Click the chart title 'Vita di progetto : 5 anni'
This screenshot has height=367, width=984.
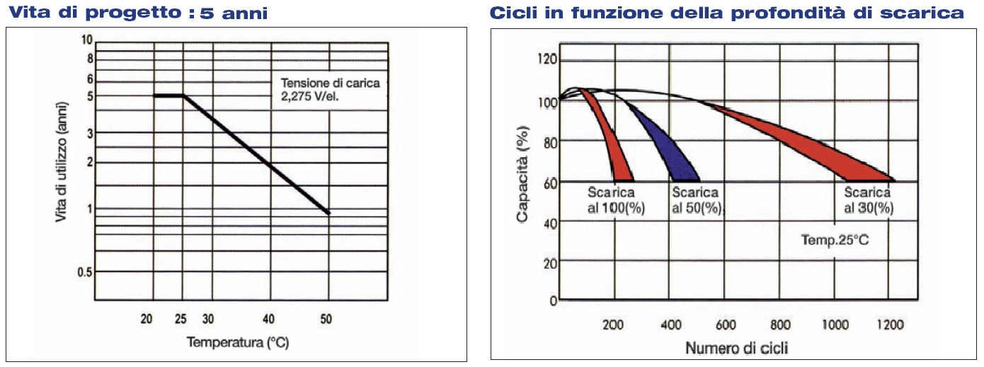(137, 13)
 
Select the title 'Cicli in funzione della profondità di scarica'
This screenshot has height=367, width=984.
(726, 13)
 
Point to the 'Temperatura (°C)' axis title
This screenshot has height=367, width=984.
(238, 343)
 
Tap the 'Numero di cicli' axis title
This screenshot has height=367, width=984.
(736, 349)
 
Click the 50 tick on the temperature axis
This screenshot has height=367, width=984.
(326, 319)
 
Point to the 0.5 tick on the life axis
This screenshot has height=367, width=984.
(84, 272)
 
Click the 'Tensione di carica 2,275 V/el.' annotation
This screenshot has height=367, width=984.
(330, 89)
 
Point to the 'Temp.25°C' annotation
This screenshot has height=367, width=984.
(835, 240)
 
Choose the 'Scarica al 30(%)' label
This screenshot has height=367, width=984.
(868, 200)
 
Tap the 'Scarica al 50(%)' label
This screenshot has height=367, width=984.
(696, 200)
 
